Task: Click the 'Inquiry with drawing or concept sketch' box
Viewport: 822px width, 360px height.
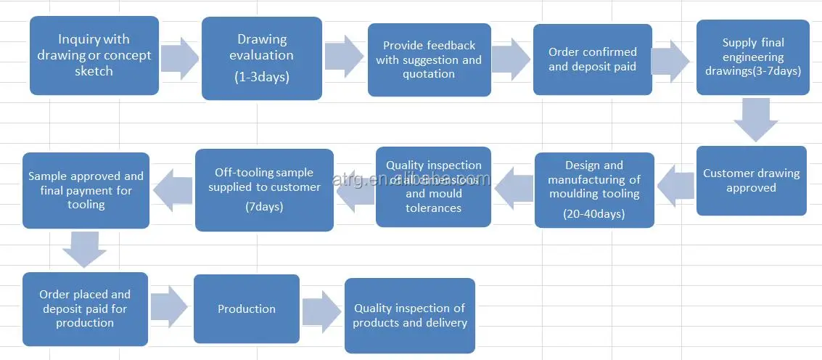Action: click(94, 56)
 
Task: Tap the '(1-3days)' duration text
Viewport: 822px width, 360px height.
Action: click(262, 76)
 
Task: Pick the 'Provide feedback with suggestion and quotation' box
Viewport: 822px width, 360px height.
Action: click(429, 60)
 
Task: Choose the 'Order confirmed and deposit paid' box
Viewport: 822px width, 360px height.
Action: click(592, 60)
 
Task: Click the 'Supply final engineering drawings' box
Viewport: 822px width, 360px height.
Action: click(753, 57)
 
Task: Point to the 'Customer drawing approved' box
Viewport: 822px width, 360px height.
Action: click(751, 181)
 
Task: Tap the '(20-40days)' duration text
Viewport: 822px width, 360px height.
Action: click(594, 213)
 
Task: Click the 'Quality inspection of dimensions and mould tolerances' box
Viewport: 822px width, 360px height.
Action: click(433, 187)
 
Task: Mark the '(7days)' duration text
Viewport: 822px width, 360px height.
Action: click(264, 207)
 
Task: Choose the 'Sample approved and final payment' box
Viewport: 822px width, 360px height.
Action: click(86, 190)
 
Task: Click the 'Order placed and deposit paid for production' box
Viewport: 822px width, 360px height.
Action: click(85, 308)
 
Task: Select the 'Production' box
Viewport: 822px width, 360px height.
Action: click(247, 308)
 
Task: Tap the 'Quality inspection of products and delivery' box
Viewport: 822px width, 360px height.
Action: click(410, 316)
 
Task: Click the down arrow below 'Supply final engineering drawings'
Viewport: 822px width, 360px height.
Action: click(756, 119)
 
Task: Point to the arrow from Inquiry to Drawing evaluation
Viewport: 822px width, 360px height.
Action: click(179, 57)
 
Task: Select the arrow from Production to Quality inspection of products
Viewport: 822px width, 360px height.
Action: click(321, 311)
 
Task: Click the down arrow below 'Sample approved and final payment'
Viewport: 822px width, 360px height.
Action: click(84, 249)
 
